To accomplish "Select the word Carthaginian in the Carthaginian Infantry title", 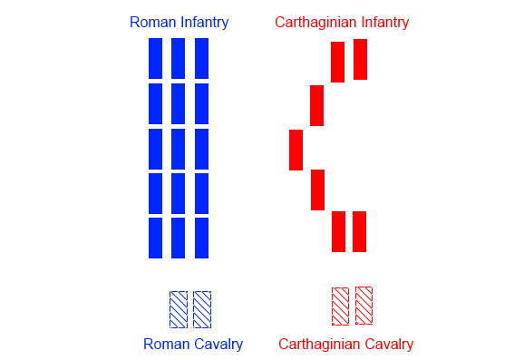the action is (315, 22).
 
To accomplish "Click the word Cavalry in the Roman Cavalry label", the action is (218, 345).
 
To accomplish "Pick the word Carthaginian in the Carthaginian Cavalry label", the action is (317, 345).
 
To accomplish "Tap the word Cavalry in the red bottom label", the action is (387, 345).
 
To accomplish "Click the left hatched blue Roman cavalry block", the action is (179, 309).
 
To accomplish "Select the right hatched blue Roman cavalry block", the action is (202, 309).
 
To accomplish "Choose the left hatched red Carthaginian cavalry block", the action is (340, 306).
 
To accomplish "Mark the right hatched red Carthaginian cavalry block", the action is (364, 306).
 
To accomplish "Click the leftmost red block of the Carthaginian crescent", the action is (296, 150).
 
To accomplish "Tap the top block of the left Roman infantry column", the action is (155, 58).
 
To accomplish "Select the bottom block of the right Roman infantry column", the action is (201, 238).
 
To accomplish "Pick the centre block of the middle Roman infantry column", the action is (178, 149).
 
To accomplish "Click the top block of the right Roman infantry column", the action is (201, 58).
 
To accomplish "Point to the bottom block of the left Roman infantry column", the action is (155, 238).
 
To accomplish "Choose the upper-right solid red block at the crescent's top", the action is (360, 59).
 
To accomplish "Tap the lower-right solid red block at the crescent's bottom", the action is (359, 231).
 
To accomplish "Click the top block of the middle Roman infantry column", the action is (178, 58).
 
